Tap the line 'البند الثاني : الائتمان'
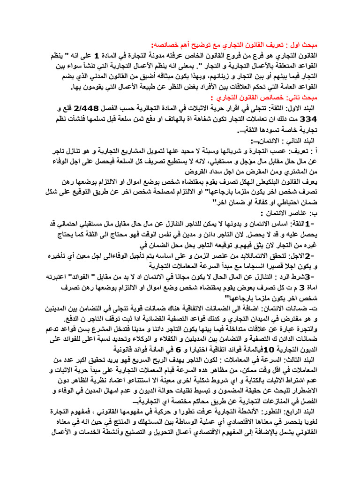click(x=283, y=141)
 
